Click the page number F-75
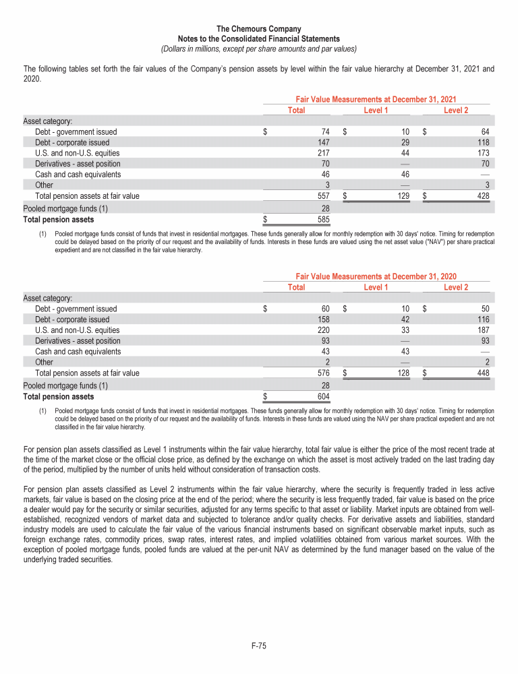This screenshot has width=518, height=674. pyautogui.click(x=259, y=646)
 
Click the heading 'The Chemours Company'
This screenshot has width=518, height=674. pyautogui.click(x=259, y=29)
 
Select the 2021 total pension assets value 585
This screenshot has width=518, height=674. pyautogui.click(x=322, y=220)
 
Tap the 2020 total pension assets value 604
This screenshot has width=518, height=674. pyautogui.click(x=322, y=397)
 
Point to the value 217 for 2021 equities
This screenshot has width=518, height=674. pyautogui.click(x=322, y=153)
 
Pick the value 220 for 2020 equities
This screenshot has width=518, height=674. pyautogui.click(x=322, y=330)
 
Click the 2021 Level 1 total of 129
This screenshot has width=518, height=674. pyautogui.click(x=402, y=196)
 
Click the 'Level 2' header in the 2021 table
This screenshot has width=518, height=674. pyautogui.click(x=456, y=110)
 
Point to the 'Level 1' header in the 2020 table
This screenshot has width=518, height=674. pyautogui.click(x=376, y=287)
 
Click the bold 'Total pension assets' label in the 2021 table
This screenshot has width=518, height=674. pyautogui.click(x=59, y=220)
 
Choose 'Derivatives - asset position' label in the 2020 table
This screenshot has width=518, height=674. pyautogui.click(x=78, y=341)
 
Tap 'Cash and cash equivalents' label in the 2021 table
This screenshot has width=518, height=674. pyautogui.click(x=78, y=175)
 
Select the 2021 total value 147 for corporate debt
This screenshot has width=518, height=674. pyautogui.click(x=322, y=143)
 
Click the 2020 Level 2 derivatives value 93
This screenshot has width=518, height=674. pyautogui.click(x=484, y=341)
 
